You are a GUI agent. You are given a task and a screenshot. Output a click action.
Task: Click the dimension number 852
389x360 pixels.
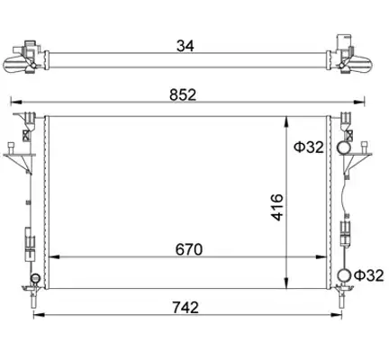(183, 94)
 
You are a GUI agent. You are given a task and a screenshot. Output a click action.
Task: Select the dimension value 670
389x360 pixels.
(189, 249)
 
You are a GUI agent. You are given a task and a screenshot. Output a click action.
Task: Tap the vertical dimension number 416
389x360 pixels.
(277, 207)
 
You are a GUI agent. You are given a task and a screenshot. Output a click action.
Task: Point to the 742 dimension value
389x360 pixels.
(185, 308)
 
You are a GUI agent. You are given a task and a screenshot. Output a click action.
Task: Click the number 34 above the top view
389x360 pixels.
(185, 46)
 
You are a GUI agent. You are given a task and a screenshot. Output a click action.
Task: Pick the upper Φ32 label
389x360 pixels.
(309, 147)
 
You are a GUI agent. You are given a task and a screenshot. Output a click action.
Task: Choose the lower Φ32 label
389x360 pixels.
(369, 275)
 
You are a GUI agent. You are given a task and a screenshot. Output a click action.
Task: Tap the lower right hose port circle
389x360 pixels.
(344, 275)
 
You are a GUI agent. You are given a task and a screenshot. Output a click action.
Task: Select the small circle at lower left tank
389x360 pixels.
(35, 278)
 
